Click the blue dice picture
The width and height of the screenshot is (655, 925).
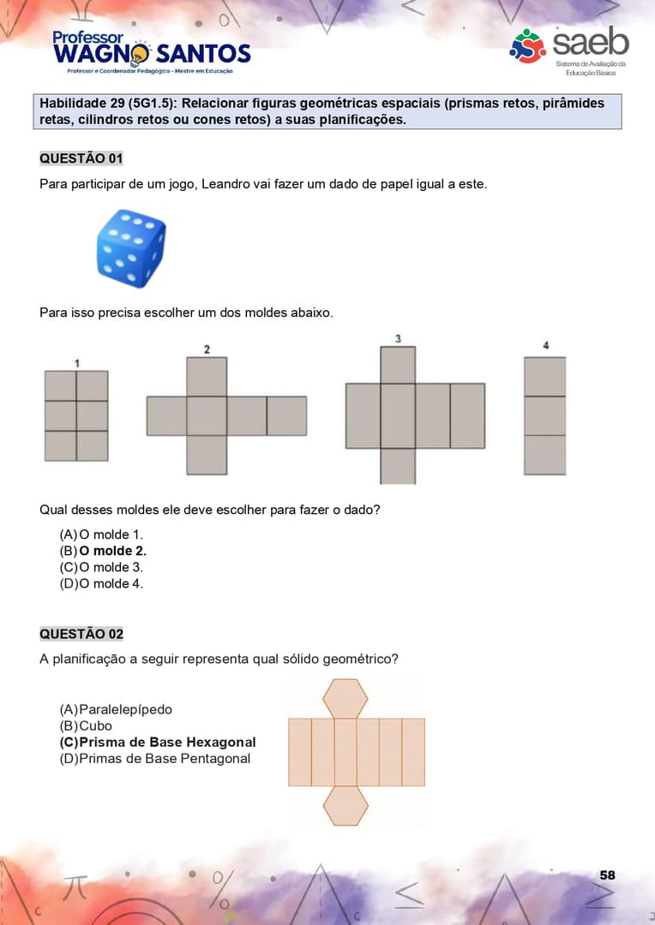click(x=131, y=248)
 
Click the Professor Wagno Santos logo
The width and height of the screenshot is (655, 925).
click(x=151, y=51)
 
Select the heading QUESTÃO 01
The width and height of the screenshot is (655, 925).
click(x=81, y=158)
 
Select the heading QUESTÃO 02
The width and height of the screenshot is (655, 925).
click(x=81, y=634)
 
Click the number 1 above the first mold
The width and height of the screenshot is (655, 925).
click(x=77, y=363)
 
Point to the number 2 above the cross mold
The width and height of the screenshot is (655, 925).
click(x=207, y=349)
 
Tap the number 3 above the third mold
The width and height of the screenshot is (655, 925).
click(x=398, y=338)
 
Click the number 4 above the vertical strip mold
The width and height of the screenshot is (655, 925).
click(x=545, y=345)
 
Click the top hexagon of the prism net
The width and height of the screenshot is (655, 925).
click(x=346, y=699)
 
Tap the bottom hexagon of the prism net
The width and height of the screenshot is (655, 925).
click(x=346, y=806)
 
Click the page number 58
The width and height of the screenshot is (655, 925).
click(x=607, y=874)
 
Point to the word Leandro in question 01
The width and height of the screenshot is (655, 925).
click(x=225, y=184)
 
